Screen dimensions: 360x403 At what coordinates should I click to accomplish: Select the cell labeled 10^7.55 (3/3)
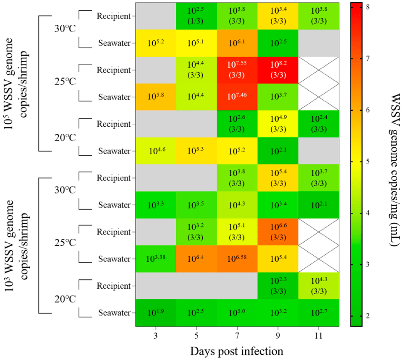click(237, 70)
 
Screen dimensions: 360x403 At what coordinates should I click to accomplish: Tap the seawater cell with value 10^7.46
click(237, 97)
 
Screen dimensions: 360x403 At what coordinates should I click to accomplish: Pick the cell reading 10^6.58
click(237, 259)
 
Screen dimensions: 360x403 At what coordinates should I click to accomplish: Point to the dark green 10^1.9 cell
click(156, 313)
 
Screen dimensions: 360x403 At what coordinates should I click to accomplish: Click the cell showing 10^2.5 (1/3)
click(196, 16)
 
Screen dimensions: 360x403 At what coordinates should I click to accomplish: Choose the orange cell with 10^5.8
click(156, 97)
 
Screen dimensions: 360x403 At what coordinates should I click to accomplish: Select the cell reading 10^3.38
click(156, 259)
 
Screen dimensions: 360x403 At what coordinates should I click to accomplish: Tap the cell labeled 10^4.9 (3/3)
click(278, 124)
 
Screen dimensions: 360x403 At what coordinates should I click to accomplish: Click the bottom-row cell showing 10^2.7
click(319, 313)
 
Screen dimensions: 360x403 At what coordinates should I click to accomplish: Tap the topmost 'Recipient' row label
click(113, 16)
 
